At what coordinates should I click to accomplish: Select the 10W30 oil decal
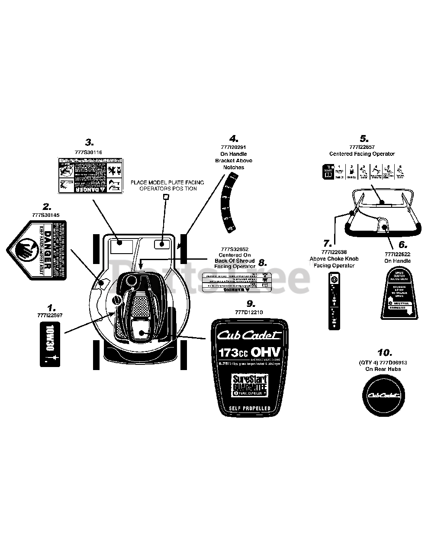(x=50, y=344)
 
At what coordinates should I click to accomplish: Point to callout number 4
(x=234, y=139)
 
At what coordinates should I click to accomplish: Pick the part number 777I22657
(x=362, y=147)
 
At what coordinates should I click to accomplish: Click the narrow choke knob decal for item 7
(x=334, y=301)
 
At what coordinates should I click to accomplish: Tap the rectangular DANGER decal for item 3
(x=82, y=175)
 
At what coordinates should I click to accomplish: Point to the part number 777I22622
(x=397, y=254)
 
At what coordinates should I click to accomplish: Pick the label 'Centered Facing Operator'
(x=362, y=154)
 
